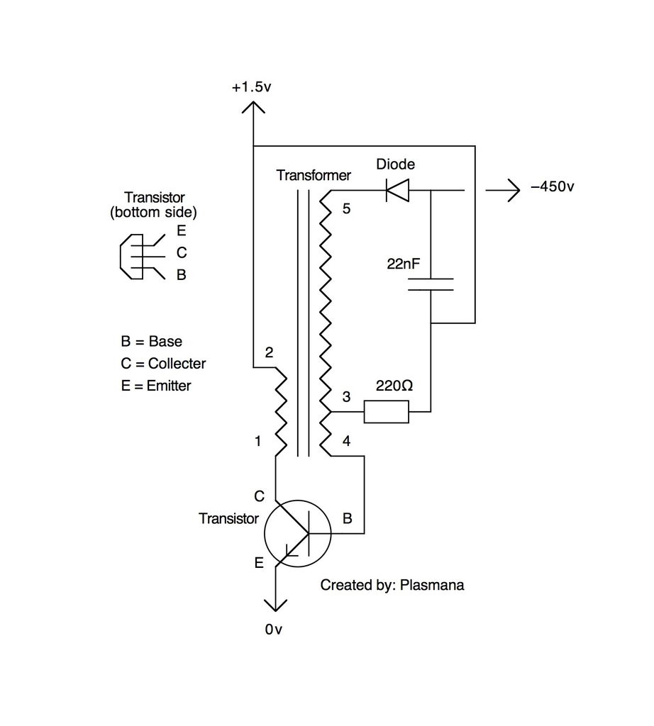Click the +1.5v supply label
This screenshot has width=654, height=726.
[251, 87]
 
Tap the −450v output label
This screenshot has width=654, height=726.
[552, 189]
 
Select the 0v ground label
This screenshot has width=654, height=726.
[275, 629]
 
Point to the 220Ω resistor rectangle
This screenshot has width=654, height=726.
[387, 411]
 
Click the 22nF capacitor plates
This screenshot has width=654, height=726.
[431, 284]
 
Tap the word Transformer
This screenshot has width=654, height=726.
[314, 174]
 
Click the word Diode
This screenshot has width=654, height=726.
[395, 164]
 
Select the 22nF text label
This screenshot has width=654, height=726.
[404, 264]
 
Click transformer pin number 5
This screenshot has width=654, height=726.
[346, 209]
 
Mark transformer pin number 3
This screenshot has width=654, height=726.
[346, 397]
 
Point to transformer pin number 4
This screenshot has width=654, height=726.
[346, 441]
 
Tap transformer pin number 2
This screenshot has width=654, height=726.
[268, 352]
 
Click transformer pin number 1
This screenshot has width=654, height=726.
[258, 441]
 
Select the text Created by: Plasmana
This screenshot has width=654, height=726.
[392, 586]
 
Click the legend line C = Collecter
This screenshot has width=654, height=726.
[163, 364]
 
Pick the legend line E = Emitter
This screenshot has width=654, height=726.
[155, 386]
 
